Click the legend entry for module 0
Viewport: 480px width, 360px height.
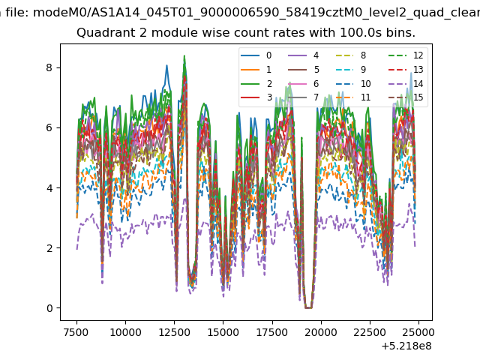(x=256, y=55)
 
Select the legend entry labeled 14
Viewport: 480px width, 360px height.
(x=406, y=83)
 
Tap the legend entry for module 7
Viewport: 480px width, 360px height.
(x=304, y=97)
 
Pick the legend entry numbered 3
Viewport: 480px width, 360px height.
(x=256, y=97)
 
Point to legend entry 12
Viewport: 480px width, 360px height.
(x=406, y=55)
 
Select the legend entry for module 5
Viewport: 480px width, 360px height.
(x=304, y=70)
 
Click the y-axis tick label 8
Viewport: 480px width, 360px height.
(x=49, y=67)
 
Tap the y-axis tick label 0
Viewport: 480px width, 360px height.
(x=49, y=308)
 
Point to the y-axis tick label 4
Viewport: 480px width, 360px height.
(x=49, y=188)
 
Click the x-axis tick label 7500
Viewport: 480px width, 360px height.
(x=76, y=332)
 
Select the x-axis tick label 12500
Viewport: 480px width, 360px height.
(x=174, y=332)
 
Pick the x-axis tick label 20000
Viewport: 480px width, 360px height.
(x=321, y=332)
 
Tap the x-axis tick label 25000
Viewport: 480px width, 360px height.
(x=418, y=332)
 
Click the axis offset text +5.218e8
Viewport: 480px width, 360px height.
(x=406, y=346)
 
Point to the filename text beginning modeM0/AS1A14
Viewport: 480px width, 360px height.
(x=256, y=13)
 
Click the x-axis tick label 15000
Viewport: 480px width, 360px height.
(x=223, y=332)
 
